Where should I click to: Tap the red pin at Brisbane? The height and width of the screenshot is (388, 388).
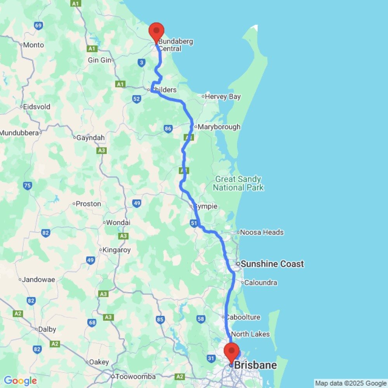232,352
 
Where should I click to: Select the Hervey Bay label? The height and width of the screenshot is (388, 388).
223,97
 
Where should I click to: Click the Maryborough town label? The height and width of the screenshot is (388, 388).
219,127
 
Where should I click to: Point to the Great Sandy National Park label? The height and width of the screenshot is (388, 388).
238,184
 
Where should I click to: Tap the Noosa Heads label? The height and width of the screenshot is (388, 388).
262,232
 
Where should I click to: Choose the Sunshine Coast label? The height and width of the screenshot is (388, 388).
272,264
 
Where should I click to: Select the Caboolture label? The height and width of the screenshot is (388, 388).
243,317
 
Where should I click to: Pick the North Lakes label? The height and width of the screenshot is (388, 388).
250,334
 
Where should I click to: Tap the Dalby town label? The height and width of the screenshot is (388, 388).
47,329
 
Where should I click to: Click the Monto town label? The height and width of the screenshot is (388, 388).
33,45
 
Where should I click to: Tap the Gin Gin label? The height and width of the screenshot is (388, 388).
100,60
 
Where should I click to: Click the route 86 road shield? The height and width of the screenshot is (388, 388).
168,129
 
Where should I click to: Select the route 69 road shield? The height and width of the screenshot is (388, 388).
38,26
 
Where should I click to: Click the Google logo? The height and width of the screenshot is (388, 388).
20,381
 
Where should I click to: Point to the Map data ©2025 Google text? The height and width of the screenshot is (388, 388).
351,383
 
